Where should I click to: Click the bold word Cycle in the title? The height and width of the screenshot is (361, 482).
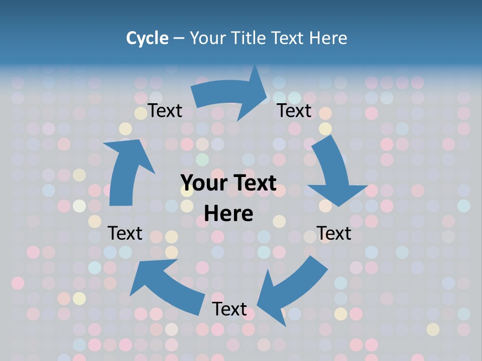click(x=147, y=38)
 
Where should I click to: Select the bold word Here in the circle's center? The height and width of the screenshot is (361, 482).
click(x=228, y=214)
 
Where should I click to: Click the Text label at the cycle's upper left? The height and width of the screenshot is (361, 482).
click(x=165, y=111)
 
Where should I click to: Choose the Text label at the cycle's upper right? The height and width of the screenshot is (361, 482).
click(x=294, y=111)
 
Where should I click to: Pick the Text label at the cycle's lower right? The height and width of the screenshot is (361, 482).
click(x=334, y=233)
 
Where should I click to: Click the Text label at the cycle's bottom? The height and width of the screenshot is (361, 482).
click(x=229, y=309)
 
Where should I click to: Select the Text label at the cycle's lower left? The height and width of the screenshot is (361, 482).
click(x=126, y=233)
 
